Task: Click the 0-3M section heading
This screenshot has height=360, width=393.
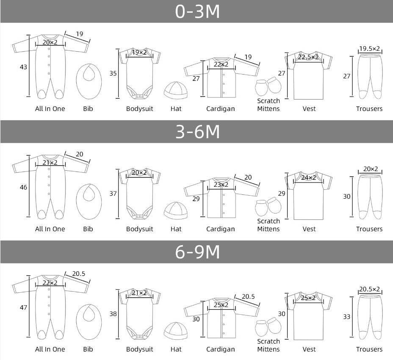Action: (x=197, y=11)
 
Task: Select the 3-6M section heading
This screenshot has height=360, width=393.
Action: (x=197, y=132)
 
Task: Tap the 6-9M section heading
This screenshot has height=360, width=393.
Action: (x=197, y=252)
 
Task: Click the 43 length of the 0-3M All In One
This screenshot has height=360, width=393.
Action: (x=23, y=67)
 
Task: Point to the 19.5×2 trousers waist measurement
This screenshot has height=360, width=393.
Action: (x=369, y=48)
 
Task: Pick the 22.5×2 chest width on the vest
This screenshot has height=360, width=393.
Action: (x=308, y=57)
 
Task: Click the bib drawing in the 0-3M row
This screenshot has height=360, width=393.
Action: (x=89, y=81)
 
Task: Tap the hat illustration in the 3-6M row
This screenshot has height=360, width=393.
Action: (x=176, y=210)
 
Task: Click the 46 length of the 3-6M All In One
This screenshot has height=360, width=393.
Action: (x=23, y=187)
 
